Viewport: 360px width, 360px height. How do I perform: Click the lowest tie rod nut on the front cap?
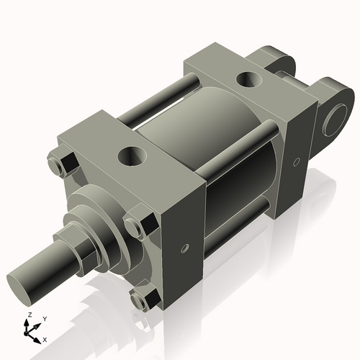pyautogui.click(x=140, y=298)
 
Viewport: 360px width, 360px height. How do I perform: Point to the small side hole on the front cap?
pyautogui.click(x=185, y=248)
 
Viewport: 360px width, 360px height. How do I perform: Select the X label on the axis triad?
pyautogui.click(x=45, y=338)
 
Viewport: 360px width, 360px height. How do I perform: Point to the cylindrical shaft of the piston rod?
pyautogui.click(x=47, y=266)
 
